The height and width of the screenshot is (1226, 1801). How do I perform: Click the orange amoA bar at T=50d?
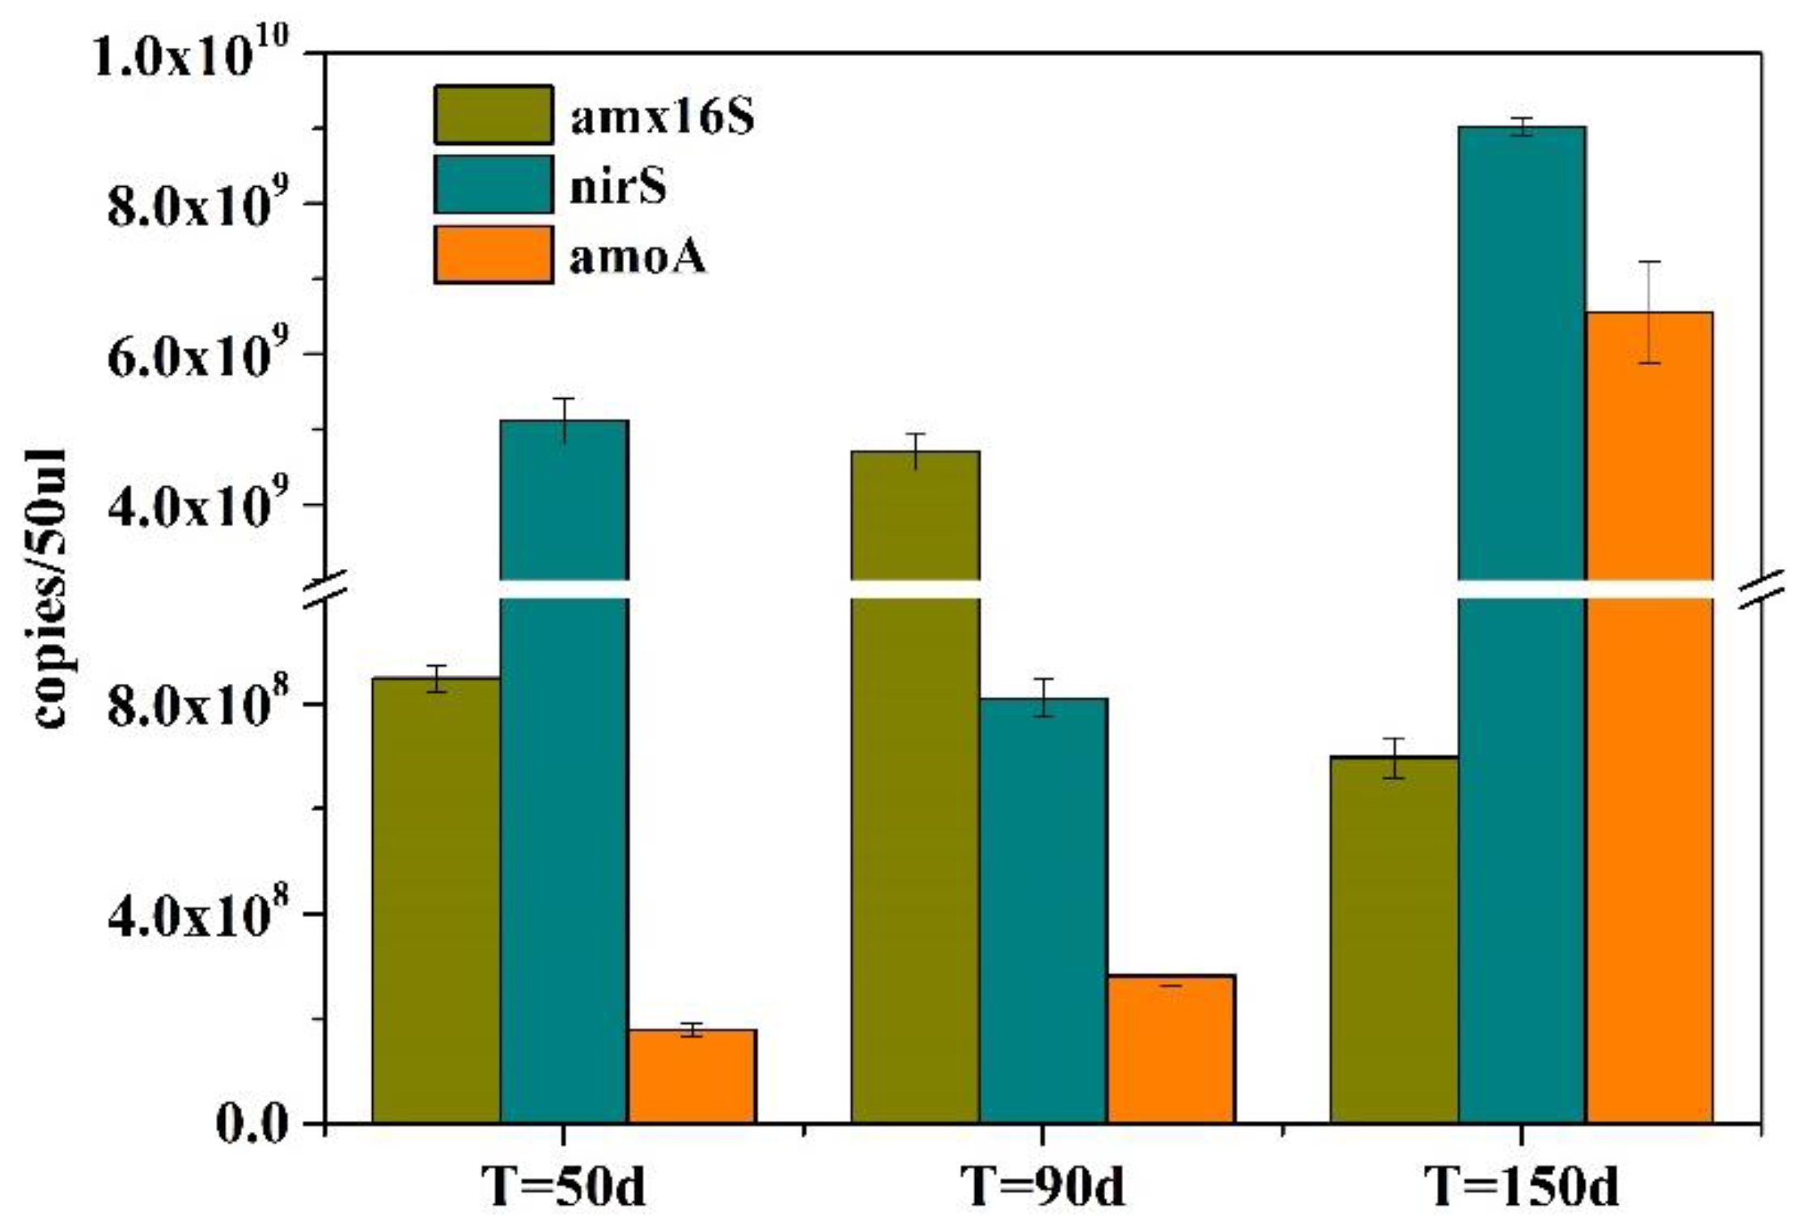coord(692,1075)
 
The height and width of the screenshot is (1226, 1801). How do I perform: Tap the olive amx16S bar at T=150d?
coord(1393,939)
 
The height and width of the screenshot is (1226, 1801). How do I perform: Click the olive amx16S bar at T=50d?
coord(436,899)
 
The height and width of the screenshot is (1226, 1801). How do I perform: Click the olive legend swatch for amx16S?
coord(494,115)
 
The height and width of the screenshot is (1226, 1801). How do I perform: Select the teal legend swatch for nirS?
coord(494,185)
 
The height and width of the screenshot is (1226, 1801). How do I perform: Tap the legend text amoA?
coord(638,257)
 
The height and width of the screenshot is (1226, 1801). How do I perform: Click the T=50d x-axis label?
coord(563,1186)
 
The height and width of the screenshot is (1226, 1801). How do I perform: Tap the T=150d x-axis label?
coord(1521,1186)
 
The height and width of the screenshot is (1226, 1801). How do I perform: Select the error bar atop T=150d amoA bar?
coord(1649,312)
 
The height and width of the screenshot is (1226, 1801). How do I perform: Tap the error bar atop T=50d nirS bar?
coord(564,418)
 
